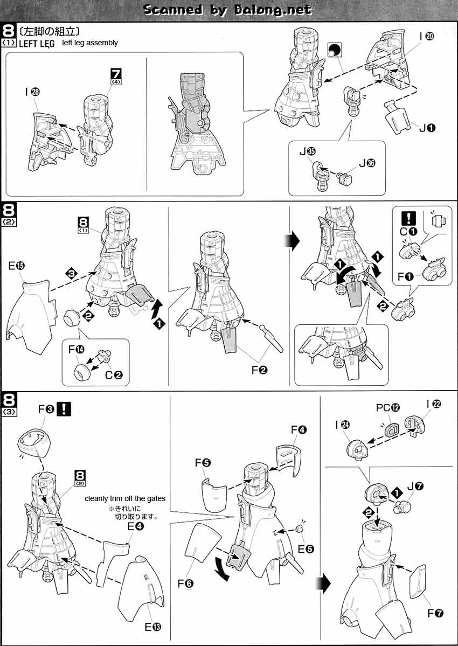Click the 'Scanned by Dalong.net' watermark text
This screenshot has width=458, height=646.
click(x=228, y=10)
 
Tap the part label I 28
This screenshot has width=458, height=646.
click(x=33, y=92)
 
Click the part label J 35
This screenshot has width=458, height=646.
click(x=307, y=152)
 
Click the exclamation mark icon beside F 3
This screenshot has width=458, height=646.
click(x=64, y=409)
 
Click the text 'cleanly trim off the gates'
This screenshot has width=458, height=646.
click(x=125, y=498)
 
